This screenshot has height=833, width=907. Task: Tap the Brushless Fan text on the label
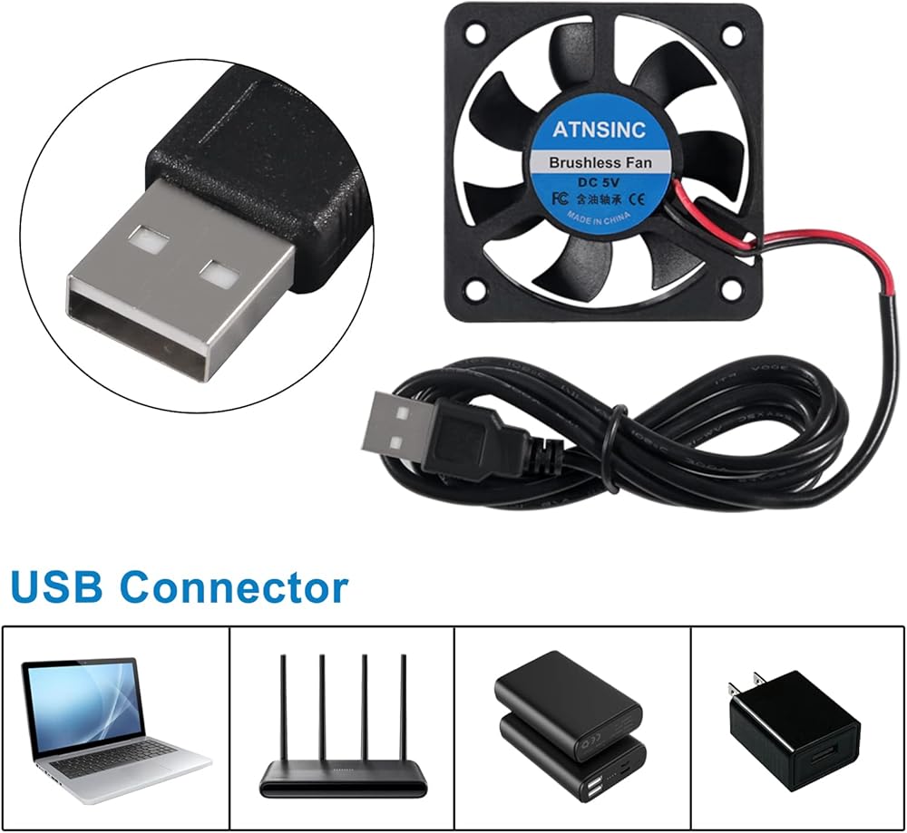(598, 163)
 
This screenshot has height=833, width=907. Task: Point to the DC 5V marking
(597, 181)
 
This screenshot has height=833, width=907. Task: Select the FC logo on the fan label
(555, 195)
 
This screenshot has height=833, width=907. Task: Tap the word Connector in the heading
(235, 587)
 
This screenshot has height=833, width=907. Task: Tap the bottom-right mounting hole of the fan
(729, 290)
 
